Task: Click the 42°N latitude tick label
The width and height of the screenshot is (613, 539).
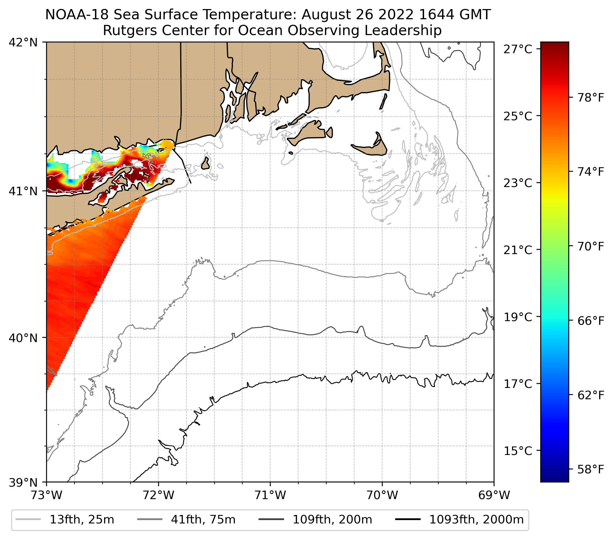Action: click(23, 43)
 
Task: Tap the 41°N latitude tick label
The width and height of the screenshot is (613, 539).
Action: click(23, 191)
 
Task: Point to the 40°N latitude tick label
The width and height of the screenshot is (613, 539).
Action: click(23, 338)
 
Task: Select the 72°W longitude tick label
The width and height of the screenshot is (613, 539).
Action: click(158, 495)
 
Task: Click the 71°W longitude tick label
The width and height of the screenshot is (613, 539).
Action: click(270, 495)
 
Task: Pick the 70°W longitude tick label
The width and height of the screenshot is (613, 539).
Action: click(382, 495)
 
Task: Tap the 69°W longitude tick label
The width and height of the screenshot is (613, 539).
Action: click(494, 495)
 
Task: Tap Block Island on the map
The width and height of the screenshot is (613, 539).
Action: click(205, 164)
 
